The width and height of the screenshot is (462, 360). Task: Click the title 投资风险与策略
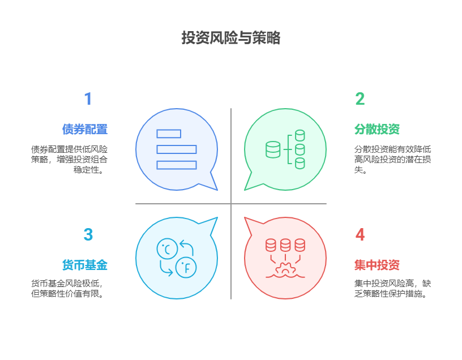(x=230, y=38)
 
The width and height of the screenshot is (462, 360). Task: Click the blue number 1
(x=88, y=99)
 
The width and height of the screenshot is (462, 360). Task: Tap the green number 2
(x=360, y=99)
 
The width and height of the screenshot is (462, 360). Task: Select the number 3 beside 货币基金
(x=88, y=234)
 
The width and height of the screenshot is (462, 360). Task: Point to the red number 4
(x=360, y=234)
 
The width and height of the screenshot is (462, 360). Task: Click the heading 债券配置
(x=85, y=129)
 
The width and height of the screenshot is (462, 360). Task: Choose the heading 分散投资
(x=377, y=129)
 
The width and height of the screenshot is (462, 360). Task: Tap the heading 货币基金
(x=85, y=265)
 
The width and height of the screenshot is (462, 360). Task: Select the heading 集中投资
(x=377, y=265)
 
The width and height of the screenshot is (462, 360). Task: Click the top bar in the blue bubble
(x=169, y=134)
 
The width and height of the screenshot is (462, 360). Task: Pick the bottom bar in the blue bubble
(x=177, y=165)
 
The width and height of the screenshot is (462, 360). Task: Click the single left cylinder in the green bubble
(x=273, y=149)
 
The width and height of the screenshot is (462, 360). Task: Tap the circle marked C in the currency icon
(x=167, y=248)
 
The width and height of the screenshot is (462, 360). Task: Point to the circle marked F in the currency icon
(x=186, y=267)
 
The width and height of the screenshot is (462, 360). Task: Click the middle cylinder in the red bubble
(x=285, y=245)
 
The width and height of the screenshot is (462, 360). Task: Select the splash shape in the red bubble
(x=285, y=269)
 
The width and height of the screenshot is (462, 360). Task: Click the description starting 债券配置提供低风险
(x=69, y=159)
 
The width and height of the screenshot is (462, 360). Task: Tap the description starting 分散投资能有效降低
(x=392, y=159)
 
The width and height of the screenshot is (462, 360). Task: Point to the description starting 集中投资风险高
(x=392, y=288)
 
